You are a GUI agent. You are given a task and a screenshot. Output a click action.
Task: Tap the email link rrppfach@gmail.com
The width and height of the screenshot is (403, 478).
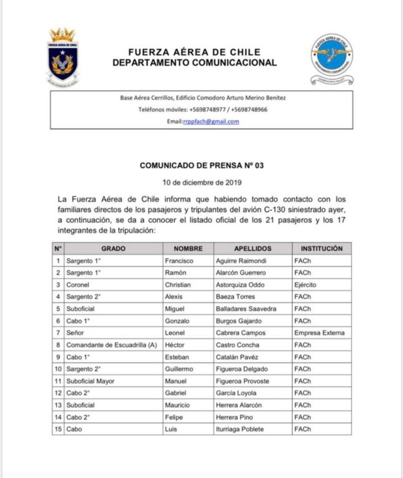[x=211, y=121]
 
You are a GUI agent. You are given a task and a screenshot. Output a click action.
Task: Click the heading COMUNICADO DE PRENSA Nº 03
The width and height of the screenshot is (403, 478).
[x=201, y=165]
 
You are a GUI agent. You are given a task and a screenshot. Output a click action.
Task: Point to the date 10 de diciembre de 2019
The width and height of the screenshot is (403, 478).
[x=201, y=183]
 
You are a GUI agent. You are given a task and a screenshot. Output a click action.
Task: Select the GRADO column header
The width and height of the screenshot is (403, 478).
[x=113, y=249]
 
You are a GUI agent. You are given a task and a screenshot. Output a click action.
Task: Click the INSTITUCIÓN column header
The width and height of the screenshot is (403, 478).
[x=321, y=249]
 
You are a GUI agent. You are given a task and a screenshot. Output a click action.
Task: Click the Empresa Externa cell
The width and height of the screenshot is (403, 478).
[x=319, y=333]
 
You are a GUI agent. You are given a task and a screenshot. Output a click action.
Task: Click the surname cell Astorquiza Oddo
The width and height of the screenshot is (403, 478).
[x=239, y=285]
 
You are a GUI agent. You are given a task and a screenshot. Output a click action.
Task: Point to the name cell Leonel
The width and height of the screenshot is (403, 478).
[x=175, y=333]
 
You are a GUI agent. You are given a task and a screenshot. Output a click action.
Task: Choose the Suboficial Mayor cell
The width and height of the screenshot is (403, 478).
[x=90, y=381]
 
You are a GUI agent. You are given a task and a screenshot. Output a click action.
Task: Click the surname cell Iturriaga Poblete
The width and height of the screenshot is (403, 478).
[x=239, y=429]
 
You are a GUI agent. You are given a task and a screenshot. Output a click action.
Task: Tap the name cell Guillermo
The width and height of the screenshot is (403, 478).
[x=179, y=369]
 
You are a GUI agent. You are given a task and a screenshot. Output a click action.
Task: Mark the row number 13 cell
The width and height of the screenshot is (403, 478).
[x=58, y=405]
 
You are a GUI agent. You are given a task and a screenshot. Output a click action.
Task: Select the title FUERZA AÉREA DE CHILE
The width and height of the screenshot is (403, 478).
[x=194, y=52]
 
